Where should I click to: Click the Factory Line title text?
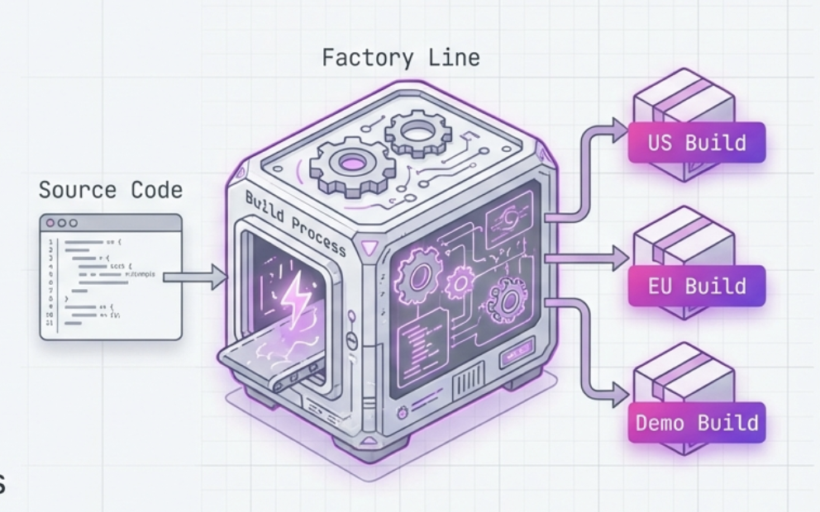tap(400, 58)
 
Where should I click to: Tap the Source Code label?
tap(110, 190)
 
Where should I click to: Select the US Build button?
tap(697, 143)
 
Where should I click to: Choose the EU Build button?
tap(697, 287)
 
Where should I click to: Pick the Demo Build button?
tap(696, 423)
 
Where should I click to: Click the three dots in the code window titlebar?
tap(62, 223)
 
